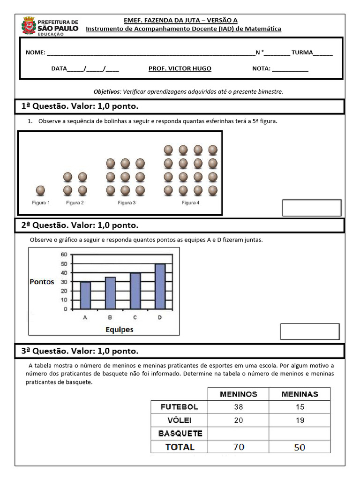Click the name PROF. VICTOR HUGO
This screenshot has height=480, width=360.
coord(180,68)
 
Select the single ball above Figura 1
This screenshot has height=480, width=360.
coord(41,190)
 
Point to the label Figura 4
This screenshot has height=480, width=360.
coord(190,203)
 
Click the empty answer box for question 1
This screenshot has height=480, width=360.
coord(311,208)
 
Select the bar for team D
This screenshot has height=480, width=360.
coord(160,286)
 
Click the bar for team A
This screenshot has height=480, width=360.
coord(85,295)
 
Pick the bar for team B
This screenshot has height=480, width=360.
coord(110,293)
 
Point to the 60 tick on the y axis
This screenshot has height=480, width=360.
coord(64,255)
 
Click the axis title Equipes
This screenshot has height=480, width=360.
coord(119,330)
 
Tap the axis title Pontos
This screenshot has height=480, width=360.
coord(42,282)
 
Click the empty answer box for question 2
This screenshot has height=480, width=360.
coord(309,331)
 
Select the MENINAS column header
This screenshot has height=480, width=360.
coord(300,394)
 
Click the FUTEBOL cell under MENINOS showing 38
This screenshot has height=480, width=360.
coord(239,407)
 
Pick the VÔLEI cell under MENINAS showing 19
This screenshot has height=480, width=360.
coord(300,420)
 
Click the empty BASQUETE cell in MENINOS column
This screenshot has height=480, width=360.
coord(239,434)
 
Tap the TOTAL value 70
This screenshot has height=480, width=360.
coord(239,447)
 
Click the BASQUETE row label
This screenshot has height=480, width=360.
coord(180,434)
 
